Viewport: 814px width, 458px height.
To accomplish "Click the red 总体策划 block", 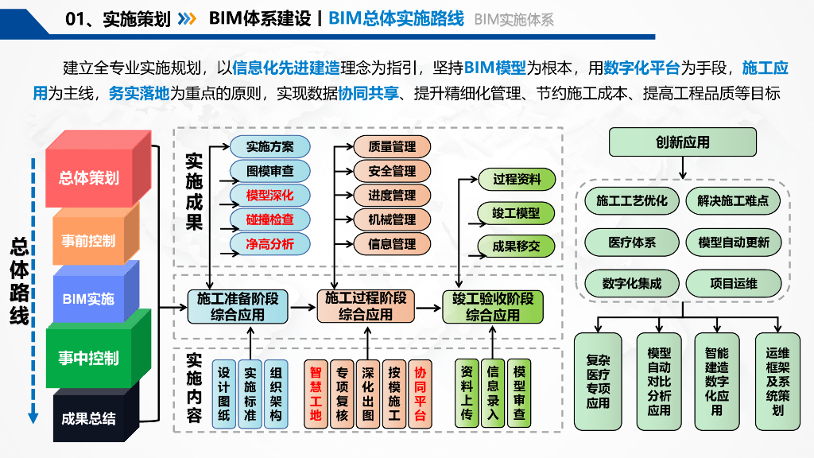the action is [x=98, y=169].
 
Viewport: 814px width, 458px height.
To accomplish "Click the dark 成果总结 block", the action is [x=95, y=413].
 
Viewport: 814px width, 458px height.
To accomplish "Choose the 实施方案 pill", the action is [x=270, y=147].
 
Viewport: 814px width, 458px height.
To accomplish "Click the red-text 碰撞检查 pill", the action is [x=270, y=219].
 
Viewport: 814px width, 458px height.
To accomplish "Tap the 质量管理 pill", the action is [x=392, y=147].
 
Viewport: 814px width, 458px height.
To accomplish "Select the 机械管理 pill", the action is [x=392, y=219].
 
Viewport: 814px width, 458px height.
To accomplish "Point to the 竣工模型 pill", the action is [x=516, y=213].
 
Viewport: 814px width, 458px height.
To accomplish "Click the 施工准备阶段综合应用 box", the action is [x=238, y=307].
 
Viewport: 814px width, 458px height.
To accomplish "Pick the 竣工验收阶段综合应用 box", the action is [x=493, y=307].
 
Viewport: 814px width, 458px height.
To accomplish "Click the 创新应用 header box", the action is [x=683, y=142].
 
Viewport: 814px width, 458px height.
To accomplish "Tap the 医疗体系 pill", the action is [x=632, y=243].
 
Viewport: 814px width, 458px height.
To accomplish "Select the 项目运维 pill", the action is [x=734, y=284].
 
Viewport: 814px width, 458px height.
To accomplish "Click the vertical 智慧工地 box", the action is [x=316, y=394].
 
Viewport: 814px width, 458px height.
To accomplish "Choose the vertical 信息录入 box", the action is [x=493, y=393].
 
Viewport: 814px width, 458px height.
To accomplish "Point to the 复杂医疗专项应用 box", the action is [x=598, y=382].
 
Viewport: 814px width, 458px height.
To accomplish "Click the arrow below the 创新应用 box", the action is [x=683, y=168].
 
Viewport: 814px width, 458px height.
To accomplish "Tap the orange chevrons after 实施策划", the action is [x=187, y=19].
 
